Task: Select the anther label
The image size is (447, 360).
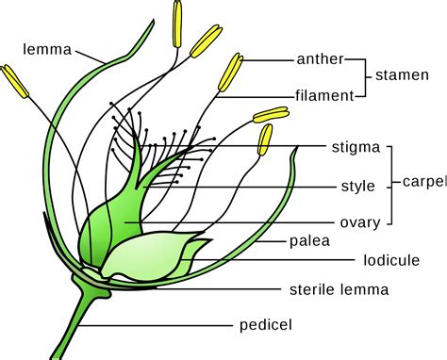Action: (x=320, y=59)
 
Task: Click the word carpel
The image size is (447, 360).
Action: (x=422, y=181)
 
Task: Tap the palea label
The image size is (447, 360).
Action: (x=329, y=241)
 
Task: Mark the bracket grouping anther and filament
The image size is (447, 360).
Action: (x=358, y=76)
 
